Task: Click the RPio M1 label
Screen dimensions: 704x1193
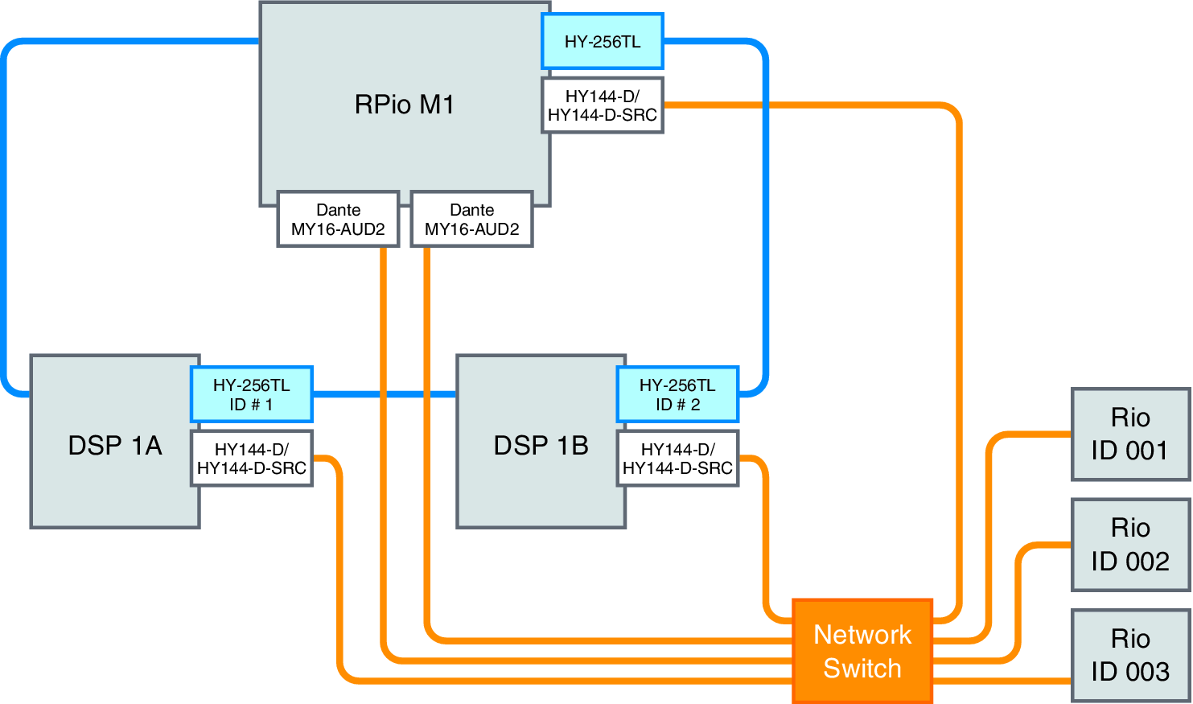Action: [404, 105]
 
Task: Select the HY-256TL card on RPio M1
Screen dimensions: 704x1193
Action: [603, 41]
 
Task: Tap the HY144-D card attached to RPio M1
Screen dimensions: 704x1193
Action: [603, 105]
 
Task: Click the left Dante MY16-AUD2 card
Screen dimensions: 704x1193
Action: [338, 219]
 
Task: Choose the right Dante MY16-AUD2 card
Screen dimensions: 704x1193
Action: [471, 219]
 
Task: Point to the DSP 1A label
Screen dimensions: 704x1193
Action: [115, 445]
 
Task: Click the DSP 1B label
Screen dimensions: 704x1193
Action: [541, 445]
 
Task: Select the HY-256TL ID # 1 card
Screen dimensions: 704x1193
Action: [251, 394]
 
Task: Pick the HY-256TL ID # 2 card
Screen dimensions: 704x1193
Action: [677, 394]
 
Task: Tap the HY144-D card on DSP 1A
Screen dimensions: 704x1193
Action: [251, 459]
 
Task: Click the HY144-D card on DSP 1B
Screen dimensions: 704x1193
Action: [677, 459]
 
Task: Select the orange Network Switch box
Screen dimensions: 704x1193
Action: [862, 651]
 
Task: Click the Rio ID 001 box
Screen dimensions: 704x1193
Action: [1130, 434]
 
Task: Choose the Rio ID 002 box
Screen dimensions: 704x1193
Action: [1130, 545]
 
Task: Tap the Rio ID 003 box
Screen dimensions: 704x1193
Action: [1130, 655]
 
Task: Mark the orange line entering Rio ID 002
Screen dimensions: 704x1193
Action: [1046, 545]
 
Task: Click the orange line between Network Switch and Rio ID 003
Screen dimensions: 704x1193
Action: [1002, 681]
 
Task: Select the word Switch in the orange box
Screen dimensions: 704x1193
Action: [862, 669]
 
